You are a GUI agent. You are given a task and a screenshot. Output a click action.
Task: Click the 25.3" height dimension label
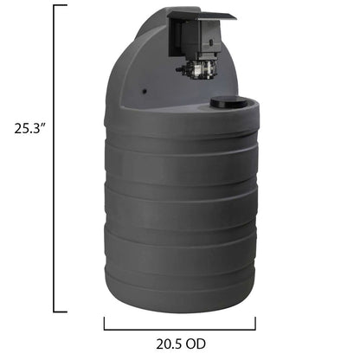tap(29, 128)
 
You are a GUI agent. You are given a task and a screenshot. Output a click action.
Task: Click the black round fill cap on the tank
tap(228, 103)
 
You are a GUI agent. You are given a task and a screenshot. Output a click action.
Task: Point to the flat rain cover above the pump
tap(202, 16)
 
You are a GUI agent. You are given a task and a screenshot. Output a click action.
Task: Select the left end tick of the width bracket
tap(105, 323)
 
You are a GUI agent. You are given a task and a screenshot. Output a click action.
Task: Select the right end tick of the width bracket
tap(255, 323)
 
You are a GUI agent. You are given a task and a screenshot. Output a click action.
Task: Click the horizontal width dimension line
tap(180, 329)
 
